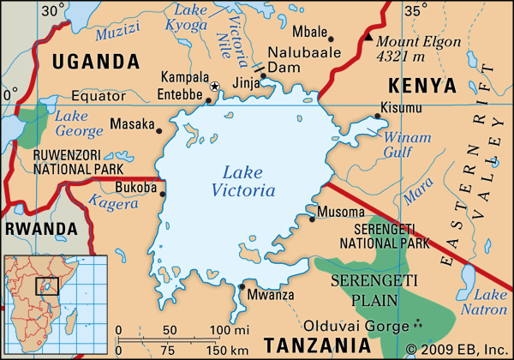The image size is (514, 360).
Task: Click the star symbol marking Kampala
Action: click(x=215, y=86)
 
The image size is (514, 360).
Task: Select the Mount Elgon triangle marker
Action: click(x=368, y=39)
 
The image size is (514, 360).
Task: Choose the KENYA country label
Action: click(x=421, y=85)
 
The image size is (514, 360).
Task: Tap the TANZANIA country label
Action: click(x=317, y=345)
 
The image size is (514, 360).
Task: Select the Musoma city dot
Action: click(x=312, y=219)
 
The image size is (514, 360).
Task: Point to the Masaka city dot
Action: click(x=158, y=130)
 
